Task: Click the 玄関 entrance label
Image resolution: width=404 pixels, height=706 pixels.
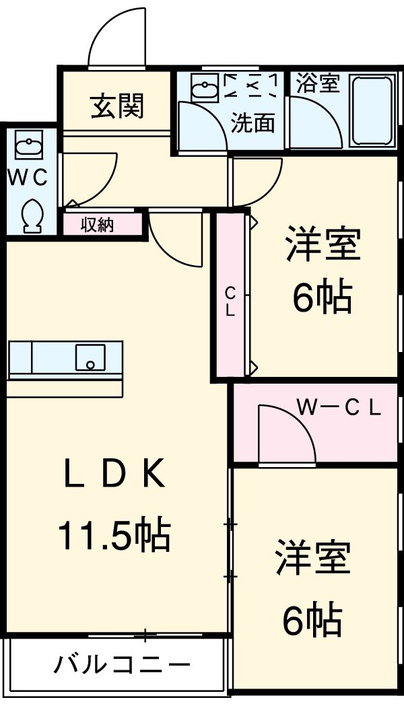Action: (118, 106)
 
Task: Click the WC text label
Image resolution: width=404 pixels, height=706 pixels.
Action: (28, 178)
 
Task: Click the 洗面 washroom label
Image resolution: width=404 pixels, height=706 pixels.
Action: (253, 123)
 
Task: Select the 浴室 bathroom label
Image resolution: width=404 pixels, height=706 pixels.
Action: (318, 84)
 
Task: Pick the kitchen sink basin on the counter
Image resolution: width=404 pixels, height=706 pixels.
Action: (90, 357)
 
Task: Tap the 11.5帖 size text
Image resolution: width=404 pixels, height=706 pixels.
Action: (114, 535)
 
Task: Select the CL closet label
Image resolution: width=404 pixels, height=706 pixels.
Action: (230, 302)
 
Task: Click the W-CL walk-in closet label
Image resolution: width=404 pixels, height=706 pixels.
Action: (339, 407)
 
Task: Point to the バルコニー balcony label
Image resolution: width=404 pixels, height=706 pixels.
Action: (122, 666)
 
